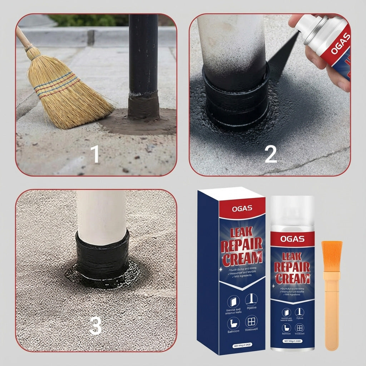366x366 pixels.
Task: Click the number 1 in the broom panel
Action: point(95,154)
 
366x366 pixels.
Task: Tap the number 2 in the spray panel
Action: point(271,154)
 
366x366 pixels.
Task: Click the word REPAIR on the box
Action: point(242,246)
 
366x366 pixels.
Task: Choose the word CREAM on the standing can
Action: point(292,278)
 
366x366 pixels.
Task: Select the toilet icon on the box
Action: point(233,324)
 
